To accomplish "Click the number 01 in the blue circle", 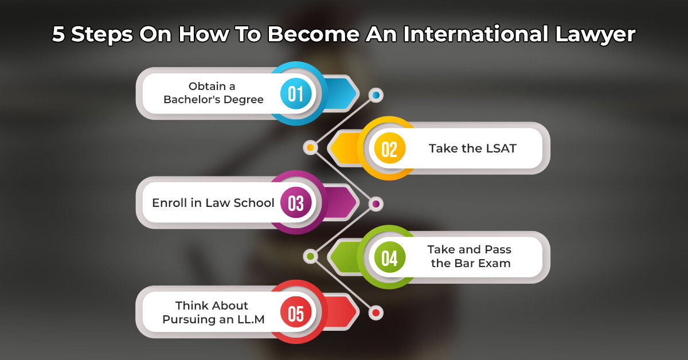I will click(x=296, y=93).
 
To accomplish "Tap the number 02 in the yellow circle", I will click(x=389, y=148).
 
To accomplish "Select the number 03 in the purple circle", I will click(x=296, y=203).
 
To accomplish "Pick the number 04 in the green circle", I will click(x=389, y=257).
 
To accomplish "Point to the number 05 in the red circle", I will click(x=296, y=313).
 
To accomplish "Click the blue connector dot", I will click(x=376, y=94).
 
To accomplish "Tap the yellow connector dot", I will click(x=310, y=148).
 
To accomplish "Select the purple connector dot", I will click(x=376, y=203).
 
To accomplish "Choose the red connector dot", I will click(x=376, y=312).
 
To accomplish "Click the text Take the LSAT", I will click(x=472, y=148).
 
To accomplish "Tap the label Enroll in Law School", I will click(x=213, y=203).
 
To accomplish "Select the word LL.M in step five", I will click(x=251, y=320).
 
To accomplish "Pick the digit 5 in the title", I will click(x=58, y=34).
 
